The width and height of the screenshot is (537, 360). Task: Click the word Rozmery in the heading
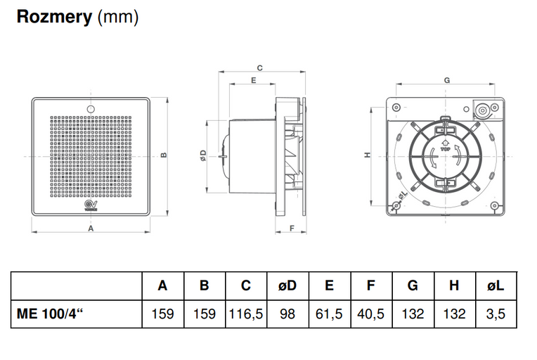53,17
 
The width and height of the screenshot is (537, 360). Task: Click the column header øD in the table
287,285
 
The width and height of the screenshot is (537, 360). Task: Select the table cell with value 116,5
245,314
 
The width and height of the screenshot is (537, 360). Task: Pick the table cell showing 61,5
329,314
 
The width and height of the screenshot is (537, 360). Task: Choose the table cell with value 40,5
370,314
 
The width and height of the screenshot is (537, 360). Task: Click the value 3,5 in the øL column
496,314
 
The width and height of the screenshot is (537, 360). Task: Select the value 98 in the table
287,314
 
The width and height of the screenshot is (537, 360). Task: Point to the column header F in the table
370,285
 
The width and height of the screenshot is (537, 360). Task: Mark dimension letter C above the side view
259,68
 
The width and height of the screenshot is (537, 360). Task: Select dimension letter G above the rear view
447,80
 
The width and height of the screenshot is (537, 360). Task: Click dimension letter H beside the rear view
367,155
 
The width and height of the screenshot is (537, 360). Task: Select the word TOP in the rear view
445,150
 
